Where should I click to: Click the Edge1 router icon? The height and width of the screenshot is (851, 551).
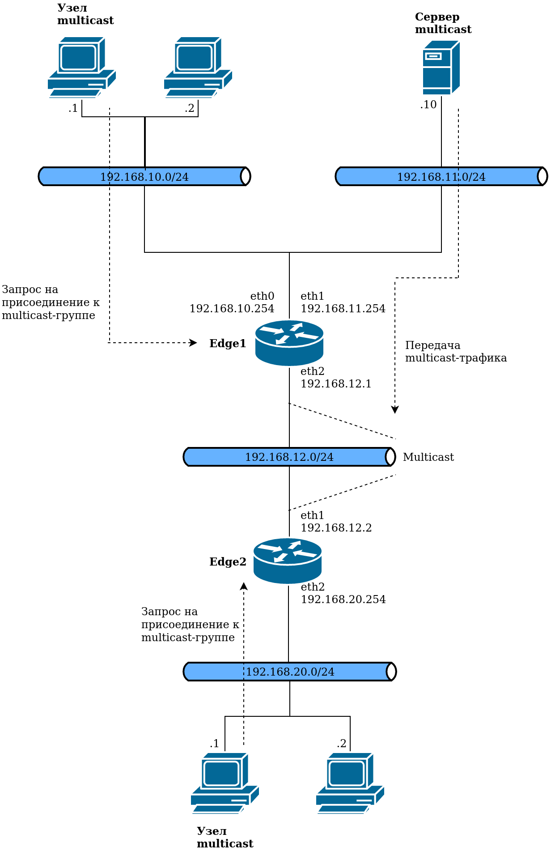click(x=289, y=343)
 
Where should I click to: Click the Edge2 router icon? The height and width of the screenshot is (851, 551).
click(x=288, y=561)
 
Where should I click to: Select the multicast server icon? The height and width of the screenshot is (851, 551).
click(x=441, y=68)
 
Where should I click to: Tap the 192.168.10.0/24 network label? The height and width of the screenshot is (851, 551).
click(x=144, y=177)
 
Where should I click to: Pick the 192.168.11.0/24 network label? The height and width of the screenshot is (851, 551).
click(x=441, y=177)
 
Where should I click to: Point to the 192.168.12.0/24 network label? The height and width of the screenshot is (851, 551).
click(x=289, y=457)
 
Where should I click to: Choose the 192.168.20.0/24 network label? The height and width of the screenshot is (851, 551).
click(x=290, y=672)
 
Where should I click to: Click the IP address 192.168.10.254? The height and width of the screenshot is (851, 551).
click(x=232, y=308)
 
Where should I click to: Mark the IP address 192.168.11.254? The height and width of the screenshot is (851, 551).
click(x=343, y=308)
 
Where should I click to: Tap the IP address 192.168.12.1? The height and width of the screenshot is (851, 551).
click(x=336, y=383)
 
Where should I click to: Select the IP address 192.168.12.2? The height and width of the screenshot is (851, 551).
click(x=336, y=528)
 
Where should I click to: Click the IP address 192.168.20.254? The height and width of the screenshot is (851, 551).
click(x=343, y=599)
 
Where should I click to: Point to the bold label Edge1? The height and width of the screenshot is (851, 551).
click(x=228, y=343)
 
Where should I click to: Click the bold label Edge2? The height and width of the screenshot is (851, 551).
click(x=228, y=562)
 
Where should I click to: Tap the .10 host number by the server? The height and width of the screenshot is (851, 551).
click(x=428, y=104)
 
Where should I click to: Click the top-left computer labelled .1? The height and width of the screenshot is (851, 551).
click(x=82, y=67)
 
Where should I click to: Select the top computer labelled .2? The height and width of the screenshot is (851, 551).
click(x=198, y=67)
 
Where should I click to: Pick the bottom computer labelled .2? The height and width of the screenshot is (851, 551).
click(x=350, y=783)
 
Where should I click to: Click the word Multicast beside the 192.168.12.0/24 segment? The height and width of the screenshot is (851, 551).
click(x=428, y=457)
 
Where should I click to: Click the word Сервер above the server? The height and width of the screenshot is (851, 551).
click(x=437, y=17)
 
